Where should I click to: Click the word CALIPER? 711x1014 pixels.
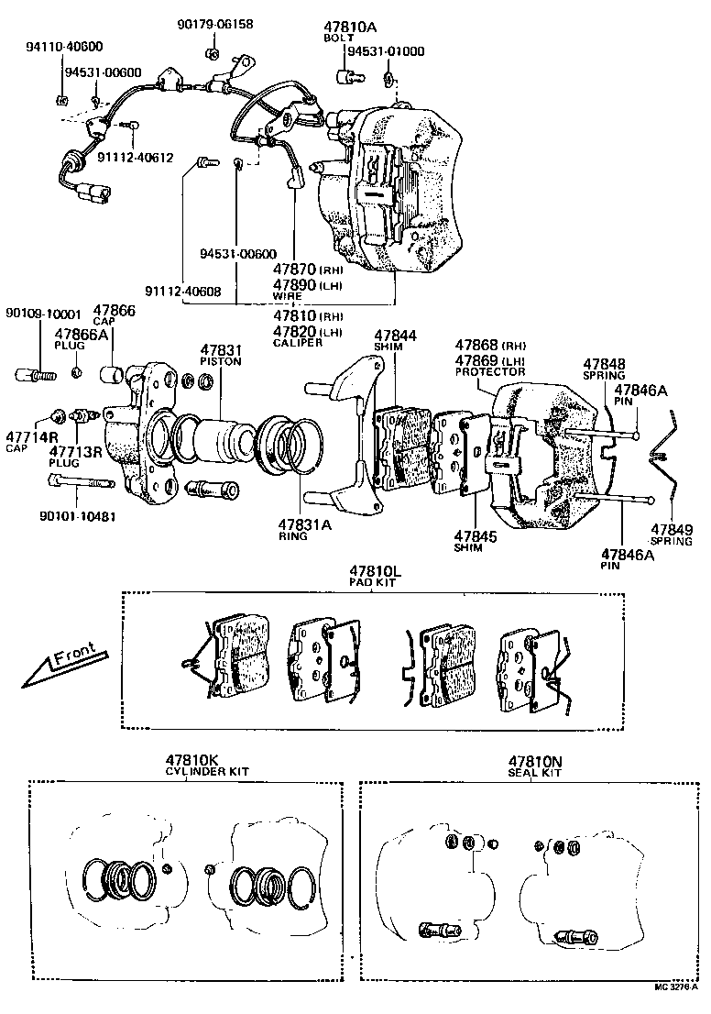point(298,342)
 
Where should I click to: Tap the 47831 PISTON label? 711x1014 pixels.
point(220,355)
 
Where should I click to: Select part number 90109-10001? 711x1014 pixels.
point(44,313)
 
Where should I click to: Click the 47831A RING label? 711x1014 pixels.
point(300,529)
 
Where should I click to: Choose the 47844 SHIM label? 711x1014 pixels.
point(396,340)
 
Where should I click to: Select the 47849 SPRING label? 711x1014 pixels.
point(673,535)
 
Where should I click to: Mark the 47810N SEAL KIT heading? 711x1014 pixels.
point(534,766)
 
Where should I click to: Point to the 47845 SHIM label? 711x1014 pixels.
point(475,540)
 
